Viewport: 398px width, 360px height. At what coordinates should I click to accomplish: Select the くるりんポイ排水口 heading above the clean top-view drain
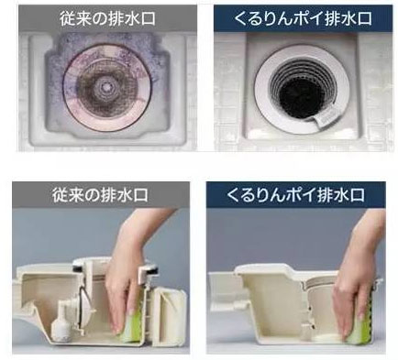299,16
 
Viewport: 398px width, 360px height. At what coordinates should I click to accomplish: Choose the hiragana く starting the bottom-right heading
226,195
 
